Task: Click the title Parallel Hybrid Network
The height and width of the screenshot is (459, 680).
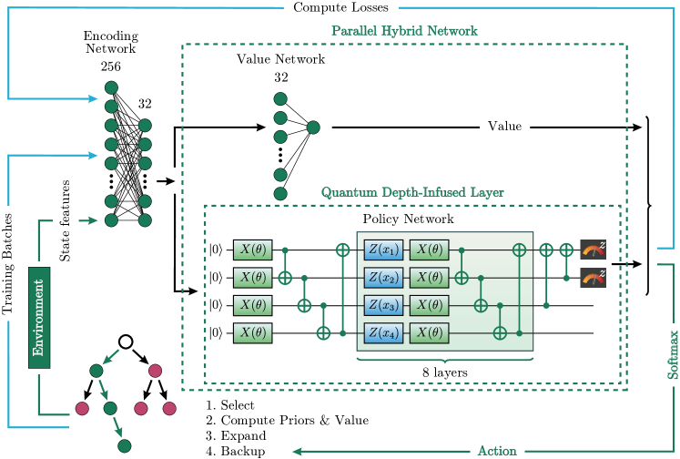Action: (404, 31)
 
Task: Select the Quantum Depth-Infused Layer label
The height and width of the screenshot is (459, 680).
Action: (412, 193)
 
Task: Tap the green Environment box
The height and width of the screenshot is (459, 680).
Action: (39, 318)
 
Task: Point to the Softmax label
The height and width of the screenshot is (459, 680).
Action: (672, 354)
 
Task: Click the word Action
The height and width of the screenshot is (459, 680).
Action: (497, 451)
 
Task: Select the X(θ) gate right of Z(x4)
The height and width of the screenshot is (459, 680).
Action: (430, 332)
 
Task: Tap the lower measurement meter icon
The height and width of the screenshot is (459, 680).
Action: (593, 277)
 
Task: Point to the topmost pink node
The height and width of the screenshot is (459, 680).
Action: (155, 371)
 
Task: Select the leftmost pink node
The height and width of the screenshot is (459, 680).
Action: (82, 409)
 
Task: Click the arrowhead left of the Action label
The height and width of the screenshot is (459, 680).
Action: (298, 451)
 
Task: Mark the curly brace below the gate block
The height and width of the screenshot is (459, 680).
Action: (445, 362)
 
